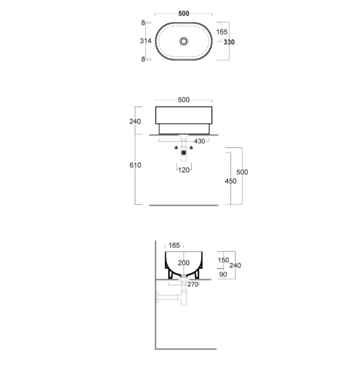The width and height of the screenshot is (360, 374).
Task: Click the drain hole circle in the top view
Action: [x=183, y=41]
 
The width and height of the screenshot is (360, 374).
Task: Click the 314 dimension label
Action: [x=145, y=41]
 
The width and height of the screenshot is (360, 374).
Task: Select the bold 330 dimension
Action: [x=229, y=42]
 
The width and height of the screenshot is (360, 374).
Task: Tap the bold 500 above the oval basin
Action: [x=183, y=13]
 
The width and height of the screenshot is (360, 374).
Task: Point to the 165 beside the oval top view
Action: [x=222, y=32]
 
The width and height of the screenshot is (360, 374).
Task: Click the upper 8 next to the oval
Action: [x=143, y=23]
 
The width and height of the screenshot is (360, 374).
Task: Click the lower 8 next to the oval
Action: [x=143, y=59]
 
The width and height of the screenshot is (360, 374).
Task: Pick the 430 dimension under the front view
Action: [x=199, y=141]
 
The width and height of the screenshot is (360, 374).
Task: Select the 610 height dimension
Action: [x=135, y=165]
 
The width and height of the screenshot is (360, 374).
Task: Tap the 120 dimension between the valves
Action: [x=183, y=170]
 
